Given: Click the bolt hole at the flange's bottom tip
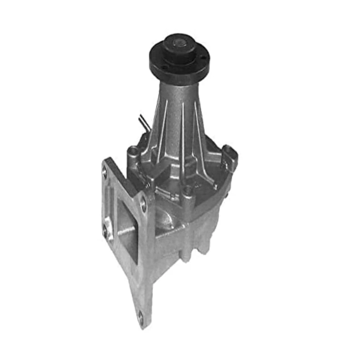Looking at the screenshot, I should click(140, 318).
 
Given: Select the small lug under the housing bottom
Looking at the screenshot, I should click(187, 254).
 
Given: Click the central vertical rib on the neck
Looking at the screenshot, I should click(179, 121).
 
